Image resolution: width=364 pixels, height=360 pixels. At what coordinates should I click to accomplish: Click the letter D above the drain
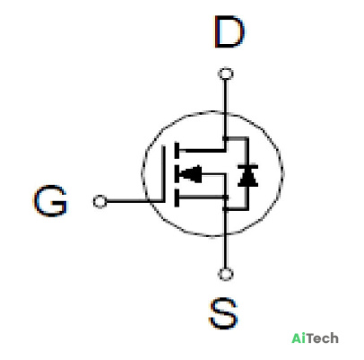click(230, 32)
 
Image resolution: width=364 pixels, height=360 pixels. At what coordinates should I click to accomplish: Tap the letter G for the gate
click(50, 201)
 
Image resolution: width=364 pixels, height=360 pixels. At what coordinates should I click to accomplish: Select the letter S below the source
click(223, 313)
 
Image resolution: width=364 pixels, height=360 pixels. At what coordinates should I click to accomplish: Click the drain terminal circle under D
click(226, 74)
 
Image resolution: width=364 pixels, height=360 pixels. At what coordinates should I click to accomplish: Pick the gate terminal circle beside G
click(100, 201)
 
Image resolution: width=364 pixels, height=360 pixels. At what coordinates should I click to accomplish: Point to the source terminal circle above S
click(226, 274)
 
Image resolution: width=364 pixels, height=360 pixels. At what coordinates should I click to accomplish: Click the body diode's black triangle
click(247, 180)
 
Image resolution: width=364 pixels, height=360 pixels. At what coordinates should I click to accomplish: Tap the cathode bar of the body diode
click(247, 166)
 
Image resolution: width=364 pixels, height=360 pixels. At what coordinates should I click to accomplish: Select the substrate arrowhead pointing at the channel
click(191, 174)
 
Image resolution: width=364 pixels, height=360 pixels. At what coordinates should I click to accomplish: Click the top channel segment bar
click(177, 151)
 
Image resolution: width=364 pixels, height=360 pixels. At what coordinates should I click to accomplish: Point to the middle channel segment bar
click(177, 174)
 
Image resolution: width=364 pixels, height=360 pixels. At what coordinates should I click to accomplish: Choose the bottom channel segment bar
click(177, 198)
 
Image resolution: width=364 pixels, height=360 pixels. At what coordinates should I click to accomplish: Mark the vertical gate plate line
click(163, 173)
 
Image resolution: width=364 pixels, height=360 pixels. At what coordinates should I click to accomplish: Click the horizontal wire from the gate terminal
click(134, 201)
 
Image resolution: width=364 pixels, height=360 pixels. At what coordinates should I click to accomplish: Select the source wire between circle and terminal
click(226, 250)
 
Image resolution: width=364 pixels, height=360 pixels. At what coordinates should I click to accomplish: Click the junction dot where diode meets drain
click(226, 139)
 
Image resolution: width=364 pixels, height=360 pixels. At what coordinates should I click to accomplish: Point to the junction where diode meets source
click(226, 208)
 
